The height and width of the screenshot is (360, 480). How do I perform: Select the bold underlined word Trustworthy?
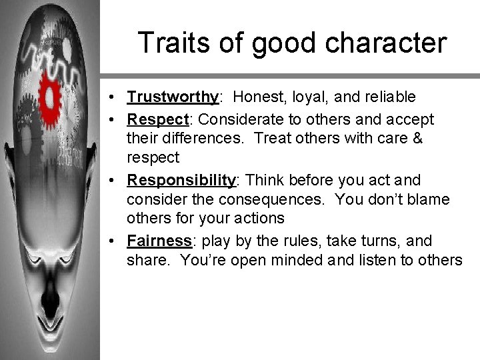pos(172,97)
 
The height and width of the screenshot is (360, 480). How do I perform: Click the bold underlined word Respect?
pos(159,119)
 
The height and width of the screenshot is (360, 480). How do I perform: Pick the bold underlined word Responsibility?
pos(181,181)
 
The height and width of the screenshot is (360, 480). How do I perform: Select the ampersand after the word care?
pos(416,139)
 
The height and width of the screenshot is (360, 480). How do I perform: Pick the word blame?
pos(431,199)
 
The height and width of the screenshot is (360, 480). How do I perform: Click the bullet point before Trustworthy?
pos(115,98)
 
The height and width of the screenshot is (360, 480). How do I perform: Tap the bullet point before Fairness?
pos(115,241)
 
